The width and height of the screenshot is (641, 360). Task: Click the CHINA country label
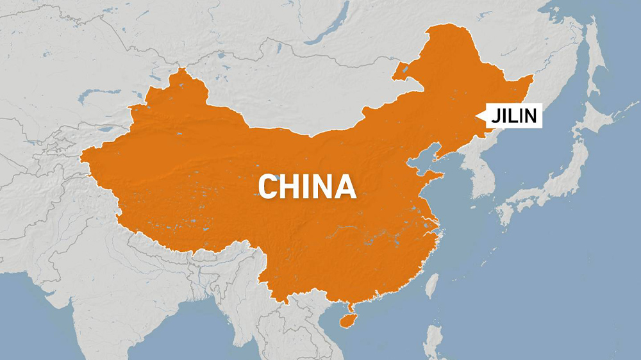tap(307, 186)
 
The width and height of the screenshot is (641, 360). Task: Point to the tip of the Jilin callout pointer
tap(477, 117)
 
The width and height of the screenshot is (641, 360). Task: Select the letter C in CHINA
tap(269, 186)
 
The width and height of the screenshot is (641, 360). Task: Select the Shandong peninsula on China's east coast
tap(442, 176)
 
